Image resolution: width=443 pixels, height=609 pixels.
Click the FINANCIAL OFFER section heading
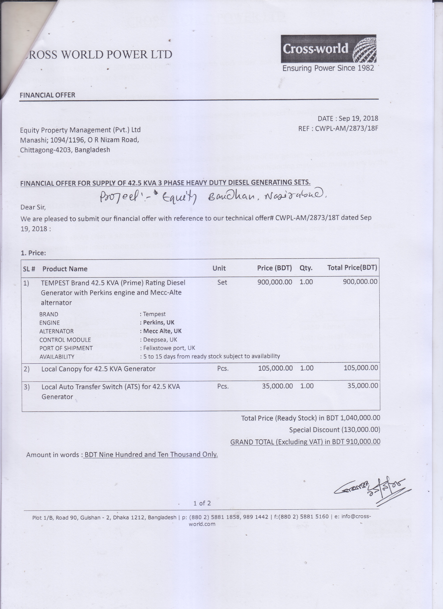point(48,95)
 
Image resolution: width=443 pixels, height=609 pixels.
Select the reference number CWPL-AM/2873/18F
point(346,128)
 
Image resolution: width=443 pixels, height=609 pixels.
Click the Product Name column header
point(65,269)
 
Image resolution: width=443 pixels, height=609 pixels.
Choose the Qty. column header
point(306,268)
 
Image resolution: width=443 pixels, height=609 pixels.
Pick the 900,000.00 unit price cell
point(275,282)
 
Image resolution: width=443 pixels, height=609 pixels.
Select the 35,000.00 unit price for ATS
point(277,386)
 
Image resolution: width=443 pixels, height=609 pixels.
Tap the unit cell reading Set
point(222,282)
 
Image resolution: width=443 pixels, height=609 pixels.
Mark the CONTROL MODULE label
point(65,340)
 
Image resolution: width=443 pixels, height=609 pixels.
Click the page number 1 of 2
point(202,503)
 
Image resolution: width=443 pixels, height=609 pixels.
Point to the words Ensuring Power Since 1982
point(328,68)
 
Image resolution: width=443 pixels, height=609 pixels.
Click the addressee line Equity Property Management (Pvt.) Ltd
point(80,130)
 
